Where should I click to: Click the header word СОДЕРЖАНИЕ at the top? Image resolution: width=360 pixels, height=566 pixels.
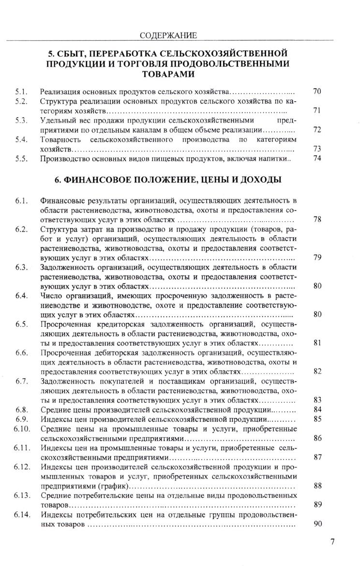click(168, 35)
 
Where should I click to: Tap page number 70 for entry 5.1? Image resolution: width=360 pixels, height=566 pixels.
click(317, 91)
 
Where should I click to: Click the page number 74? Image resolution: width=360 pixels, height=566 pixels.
click(317, 158)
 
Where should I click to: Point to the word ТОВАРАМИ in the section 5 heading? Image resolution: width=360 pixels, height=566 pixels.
click(168, 74)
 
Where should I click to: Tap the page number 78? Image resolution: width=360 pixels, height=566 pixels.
click(317, 219)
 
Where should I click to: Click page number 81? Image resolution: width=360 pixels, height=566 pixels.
click(317, 343)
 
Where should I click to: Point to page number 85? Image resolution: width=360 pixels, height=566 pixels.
click(317, 419)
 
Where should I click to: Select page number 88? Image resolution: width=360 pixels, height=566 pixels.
click(317, 486)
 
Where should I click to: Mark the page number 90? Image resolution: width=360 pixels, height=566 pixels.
click(317, 524)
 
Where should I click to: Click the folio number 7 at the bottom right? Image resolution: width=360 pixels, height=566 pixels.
click(332, 541)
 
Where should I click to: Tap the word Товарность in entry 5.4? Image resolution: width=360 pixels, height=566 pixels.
click(59, 139)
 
